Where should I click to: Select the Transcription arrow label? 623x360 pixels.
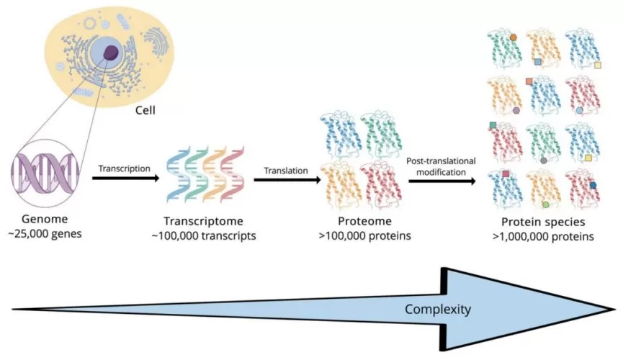click(125, 168)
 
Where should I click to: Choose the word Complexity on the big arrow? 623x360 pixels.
click(438, 310)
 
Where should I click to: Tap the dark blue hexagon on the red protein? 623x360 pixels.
click(593, 185)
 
